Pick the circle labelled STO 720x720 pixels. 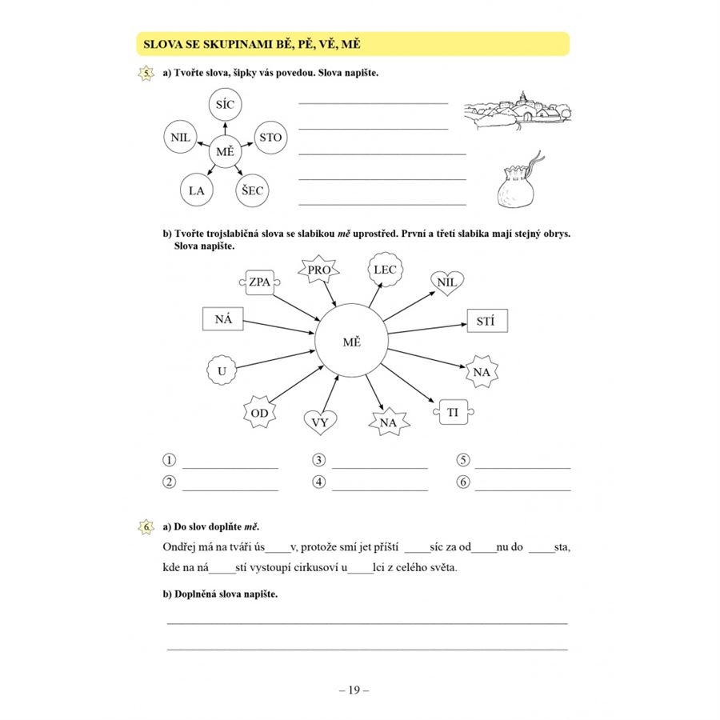[x=270, y=138]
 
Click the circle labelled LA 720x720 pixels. [x=196, y=190]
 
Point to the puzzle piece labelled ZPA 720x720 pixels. [x=259, y=282]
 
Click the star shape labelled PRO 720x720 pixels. [x=319, y=271]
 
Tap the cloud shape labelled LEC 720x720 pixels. [x=385, y=270]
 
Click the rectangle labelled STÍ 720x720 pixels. [x=486, y=322]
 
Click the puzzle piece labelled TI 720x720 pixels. [x=452, y=412]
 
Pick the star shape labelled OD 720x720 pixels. [x=259, y=413]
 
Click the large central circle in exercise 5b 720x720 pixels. [x=351, y=342]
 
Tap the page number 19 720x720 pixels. [x=353, y=688]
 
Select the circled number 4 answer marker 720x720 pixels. [x=319, y=482]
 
